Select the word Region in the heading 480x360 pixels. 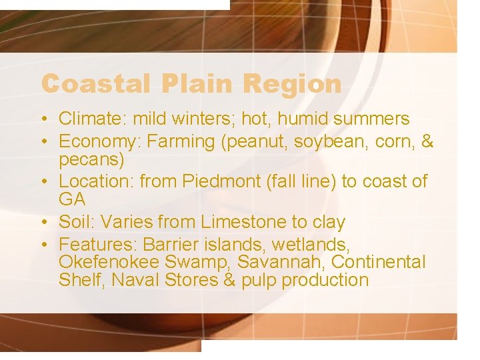coord(292,85)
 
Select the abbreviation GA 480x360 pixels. coord(71,199)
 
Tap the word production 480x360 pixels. coord(325,281)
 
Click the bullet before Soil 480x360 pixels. coord(44,222)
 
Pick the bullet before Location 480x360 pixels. coord(44,181)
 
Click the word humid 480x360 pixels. coord(306,119)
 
